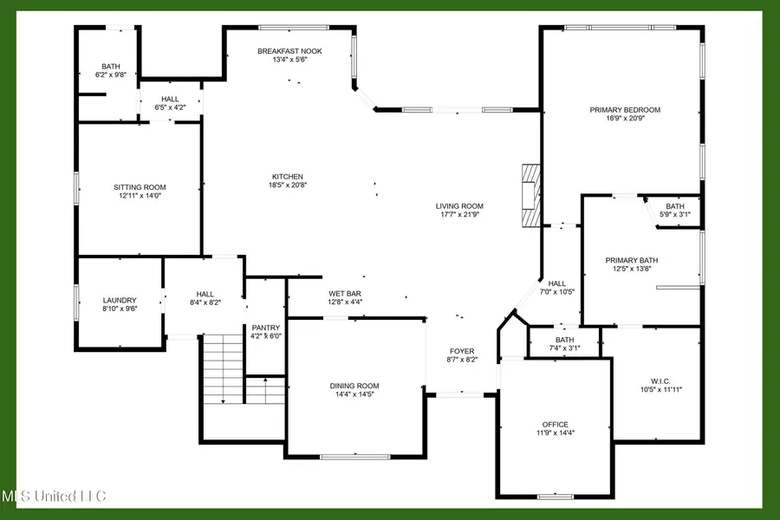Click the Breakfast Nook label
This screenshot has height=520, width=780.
point(289,51)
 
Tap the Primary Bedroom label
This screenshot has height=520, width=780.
point(625,110)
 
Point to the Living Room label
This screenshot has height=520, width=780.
point(459,206)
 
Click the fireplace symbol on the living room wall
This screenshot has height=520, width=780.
point(530,195)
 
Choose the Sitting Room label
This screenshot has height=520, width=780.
point(140,187)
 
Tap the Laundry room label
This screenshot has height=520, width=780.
point(120,301)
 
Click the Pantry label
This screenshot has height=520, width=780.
point(266,303)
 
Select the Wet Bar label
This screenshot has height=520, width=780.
point(344,293)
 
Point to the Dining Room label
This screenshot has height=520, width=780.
point(354,386)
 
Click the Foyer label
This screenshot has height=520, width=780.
point(461,351)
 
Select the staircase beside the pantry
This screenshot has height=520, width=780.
point(224,368)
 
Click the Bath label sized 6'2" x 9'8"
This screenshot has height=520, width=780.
point(110,66)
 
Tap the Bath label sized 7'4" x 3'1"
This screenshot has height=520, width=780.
point(564,340)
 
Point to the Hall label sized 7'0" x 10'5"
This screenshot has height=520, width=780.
point(556,283)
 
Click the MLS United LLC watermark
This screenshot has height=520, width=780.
point(54,497)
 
